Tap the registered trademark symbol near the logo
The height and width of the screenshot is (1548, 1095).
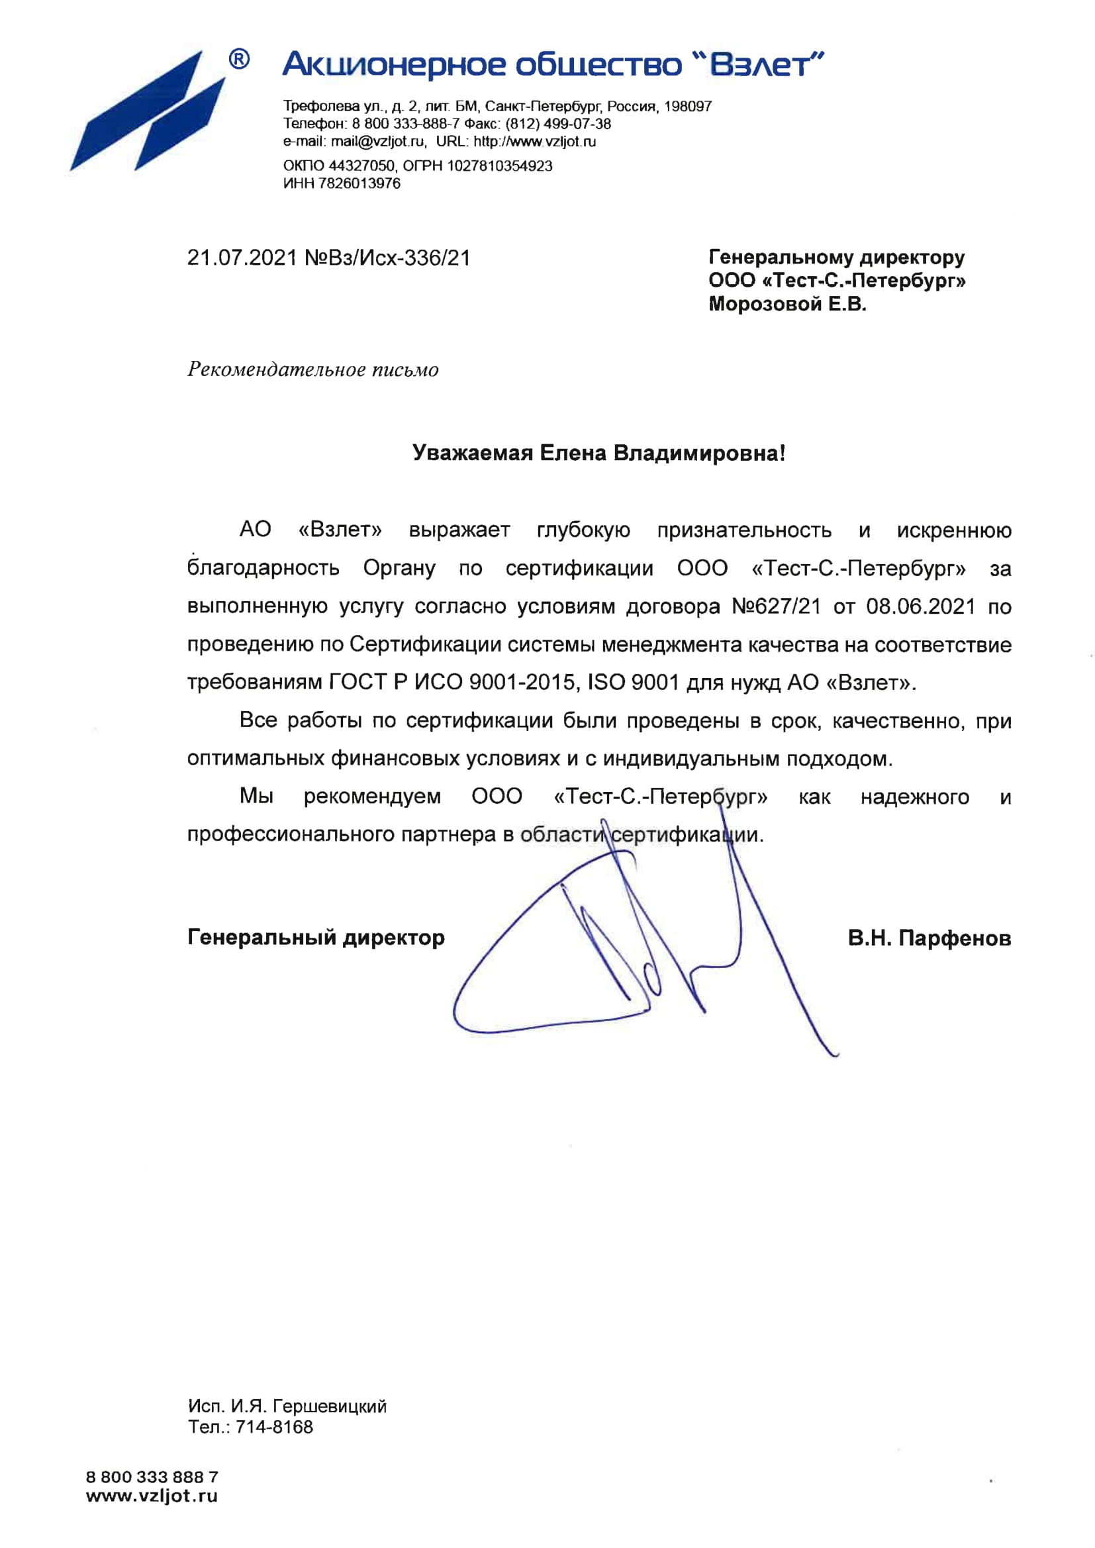tap(239, 60)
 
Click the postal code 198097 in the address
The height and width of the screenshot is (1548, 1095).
tap(688, 107)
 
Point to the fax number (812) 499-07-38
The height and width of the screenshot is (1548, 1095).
tap(558, 124)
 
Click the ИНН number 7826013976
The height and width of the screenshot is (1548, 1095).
tap(359, 183)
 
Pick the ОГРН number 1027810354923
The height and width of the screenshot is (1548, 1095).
tap(500, 166)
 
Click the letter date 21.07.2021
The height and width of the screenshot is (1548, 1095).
tap(242, 258)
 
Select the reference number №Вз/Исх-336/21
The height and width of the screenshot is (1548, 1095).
tap(388, 258)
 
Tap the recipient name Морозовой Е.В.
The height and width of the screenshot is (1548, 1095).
tap(787, 304)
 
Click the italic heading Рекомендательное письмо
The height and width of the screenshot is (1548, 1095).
tap(313, 369)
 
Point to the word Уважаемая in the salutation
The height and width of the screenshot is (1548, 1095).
tap(472, 453)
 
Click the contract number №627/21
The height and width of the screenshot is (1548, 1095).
tap(776, 606)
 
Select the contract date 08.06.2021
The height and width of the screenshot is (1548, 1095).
tap(920, 606)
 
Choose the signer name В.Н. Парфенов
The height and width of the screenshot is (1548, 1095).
tap(929, 938)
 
